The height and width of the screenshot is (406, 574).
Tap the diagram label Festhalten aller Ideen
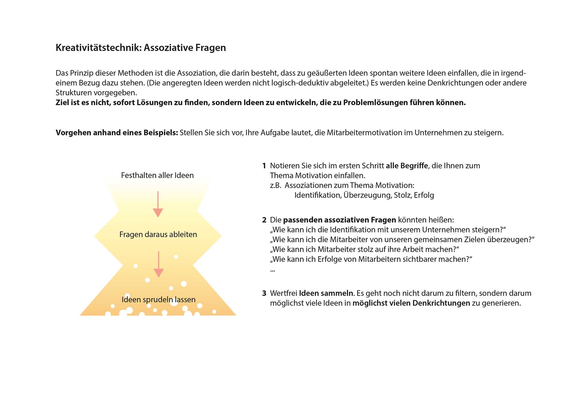157,175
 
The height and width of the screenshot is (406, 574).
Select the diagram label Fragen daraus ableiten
158,234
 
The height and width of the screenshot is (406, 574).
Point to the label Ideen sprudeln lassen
158,300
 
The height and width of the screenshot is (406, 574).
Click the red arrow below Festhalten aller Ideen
158,204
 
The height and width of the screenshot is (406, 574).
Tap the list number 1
264,166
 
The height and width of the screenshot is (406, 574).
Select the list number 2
264,220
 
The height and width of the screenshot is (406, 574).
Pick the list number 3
264,293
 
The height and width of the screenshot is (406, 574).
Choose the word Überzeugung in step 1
367,195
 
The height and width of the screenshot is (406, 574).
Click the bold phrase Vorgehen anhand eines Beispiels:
117,133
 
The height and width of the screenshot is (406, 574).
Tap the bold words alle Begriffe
407,166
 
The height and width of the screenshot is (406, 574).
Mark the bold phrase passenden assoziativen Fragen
339,220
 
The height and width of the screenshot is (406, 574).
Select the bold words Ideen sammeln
326,293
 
